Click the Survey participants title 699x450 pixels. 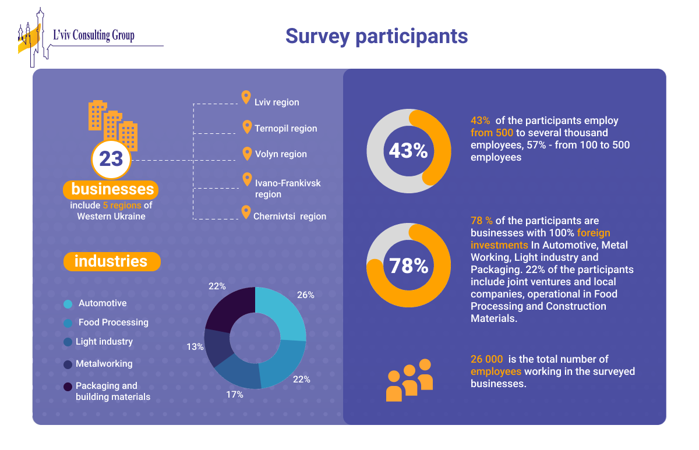(x=376, y=36)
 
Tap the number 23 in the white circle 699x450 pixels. (x=111, y=158)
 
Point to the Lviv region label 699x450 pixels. (x=277, y=102)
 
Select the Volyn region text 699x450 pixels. (x=281, y=154)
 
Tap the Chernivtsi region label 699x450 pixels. (x=290, y=216)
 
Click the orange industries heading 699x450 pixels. (x=111, y=261)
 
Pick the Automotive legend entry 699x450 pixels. (x=103, y=303)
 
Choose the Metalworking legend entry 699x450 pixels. (x=104, y=364)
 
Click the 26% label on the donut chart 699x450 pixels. (x=305, y=295)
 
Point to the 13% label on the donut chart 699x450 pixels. (x=195, y=347)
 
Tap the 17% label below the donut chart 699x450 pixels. (x=234, y=395)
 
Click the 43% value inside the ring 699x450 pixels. (x=408, y=151)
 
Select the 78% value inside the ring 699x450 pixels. (x=408, y=265)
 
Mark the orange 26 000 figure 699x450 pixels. (x=486, y=359)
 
